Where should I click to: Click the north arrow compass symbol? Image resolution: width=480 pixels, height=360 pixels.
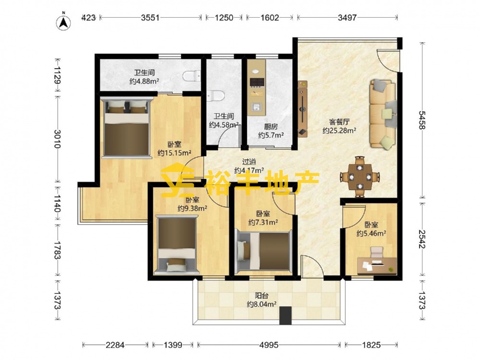(63, 22)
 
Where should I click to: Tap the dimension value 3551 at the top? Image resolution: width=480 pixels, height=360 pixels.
(150, 18)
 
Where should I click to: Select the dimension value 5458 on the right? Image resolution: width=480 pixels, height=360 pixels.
(422, 120)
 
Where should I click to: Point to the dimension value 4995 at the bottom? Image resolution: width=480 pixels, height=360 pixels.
(269, 345)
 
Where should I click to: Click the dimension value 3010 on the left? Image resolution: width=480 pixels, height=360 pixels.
(58, 139)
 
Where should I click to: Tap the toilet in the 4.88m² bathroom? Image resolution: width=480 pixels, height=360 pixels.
(192, 76)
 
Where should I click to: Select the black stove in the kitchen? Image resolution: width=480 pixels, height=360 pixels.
(257, 82)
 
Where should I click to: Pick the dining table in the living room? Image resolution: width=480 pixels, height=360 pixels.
(360, 177)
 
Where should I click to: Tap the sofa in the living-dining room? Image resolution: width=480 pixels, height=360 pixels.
(383, 114)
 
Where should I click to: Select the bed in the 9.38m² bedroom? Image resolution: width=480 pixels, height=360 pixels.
(176, 245)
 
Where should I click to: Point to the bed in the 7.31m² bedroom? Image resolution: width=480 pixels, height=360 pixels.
(263, 251)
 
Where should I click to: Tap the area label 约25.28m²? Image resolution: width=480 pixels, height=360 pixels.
(339, 131)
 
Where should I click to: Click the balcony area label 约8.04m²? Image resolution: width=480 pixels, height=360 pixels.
(262, 304)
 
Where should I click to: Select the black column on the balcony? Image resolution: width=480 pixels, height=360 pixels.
(285, 315)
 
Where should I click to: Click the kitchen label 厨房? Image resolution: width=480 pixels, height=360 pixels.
(271, 126)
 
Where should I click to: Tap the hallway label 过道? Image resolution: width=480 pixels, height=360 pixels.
(249, 162)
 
